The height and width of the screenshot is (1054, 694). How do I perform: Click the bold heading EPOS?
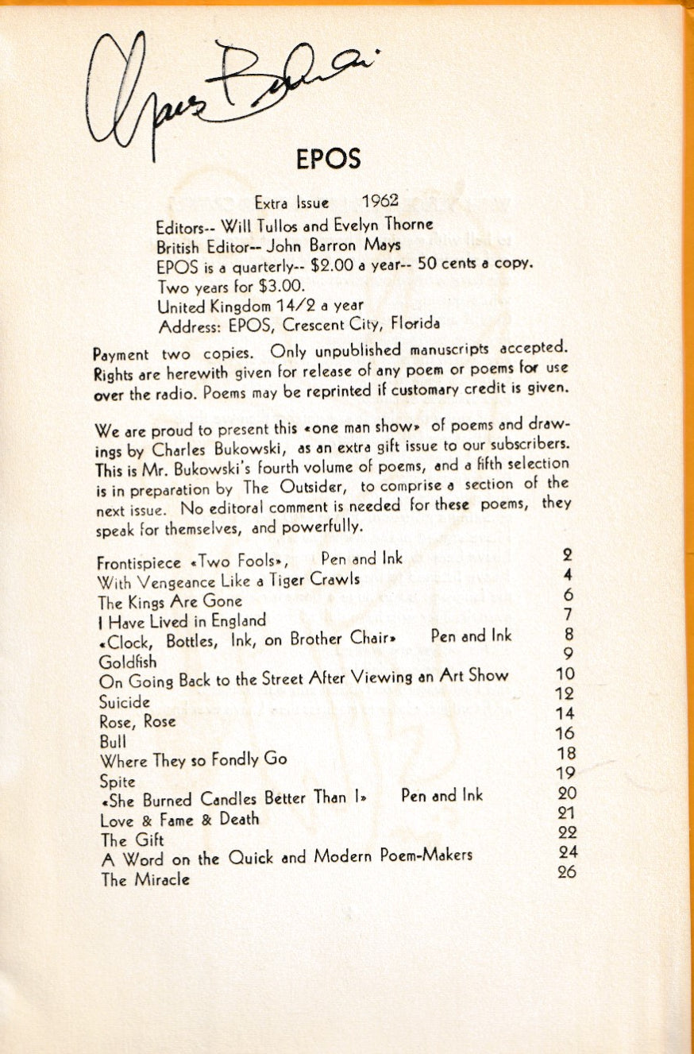point(328,159)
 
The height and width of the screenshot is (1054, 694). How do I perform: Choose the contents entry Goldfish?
point(128,662)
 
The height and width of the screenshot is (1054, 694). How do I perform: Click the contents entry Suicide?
point(125,702)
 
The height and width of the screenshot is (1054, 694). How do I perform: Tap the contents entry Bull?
point(112,742)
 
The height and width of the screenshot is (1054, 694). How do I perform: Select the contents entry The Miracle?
point(145,880)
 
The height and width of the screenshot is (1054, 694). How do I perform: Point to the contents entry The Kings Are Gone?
point(170,601)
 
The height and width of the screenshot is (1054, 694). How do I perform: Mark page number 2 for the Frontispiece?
point(567,556)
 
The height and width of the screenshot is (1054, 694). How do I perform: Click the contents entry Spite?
point(118,782)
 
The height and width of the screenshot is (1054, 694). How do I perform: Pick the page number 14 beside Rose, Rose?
point(567,714)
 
